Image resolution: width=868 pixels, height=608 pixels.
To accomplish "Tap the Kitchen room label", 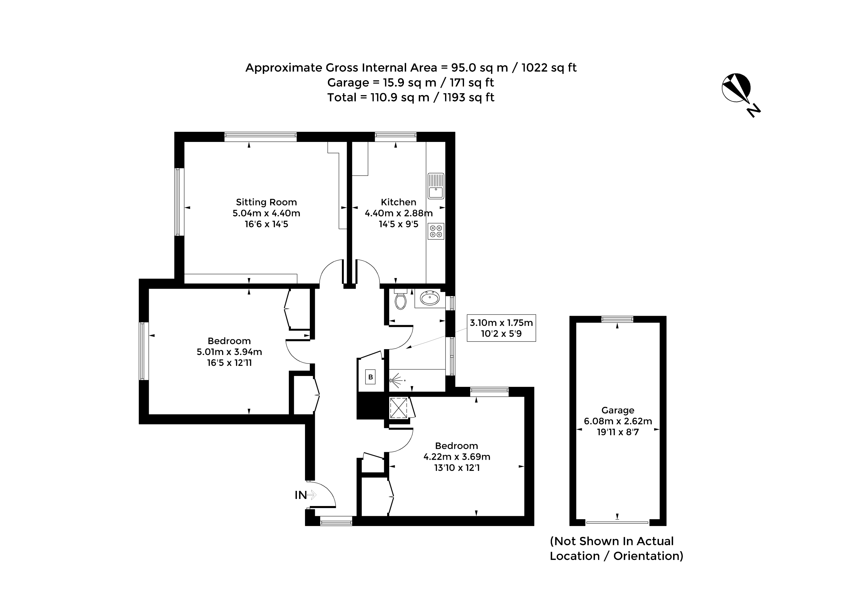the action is [x=398, y=202].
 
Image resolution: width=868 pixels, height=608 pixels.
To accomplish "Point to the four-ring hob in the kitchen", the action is [x=436, y=231].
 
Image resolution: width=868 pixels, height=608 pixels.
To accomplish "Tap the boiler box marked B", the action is [x=370, y=377].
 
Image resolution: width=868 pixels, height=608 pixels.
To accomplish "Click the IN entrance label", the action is [x=301, y=495].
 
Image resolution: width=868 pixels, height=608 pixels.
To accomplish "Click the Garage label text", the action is [x=618, y=410].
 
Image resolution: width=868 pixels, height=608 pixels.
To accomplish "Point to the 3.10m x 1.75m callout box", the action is [x=501, y=328].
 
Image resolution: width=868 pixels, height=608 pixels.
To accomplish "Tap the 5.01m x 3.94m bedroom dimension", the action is [x=229, y=352].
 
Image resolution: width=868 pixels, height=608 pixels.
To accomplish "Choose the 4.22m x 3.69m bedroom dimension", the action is [x=457, y=457].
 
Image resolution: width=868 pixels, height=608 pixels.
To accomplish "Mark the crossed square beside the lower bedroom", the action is [x=399, y=408].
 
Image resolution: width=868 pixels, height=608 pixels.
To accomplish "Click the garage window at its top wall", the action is [x=617, y=319].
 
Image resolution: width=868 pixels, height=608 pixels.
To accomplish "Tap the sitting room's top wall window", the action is [x=261, y=137].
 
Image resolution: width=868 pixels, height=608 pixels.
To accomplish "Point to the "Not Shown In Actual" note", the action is [x=612, y=541].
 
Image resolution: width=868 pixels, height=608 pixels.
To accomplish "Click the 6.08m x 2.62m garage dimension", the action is [x=618, y=421].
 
